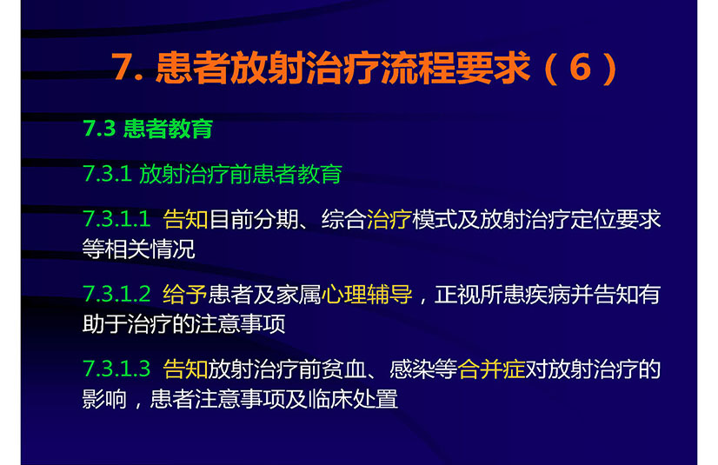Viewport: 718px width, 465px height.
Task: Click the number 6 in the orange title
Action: coord(580,67)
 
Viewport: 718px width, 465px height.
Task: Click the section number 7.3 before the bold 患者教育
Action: coord(99,128)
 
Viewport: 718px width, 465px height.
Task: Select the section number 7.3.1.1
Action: coord(116,219)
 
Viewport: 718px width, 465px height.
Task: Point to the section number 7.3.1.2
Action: coord(116,294)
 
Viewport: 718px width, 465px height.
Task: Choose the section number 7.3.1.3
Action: coord(116,369)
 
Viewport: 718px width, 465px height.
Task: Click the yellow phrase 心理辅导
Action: coord(367,294)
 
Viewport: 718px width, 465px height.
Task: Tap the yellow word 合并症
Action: coord(491,369)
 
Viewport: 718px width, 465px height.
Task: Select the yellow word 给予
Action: coord(185,294)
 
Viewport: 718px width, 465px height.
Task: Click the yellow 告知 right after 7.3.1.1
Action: coord(185,219)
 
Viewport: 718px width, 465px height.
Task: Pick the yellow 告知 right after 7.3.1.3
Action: coord(185,369)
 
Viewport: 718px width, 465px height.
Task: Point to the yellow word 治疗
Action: coord(389,219)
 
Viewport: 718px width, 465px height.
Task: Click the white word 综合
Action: coord(344,219)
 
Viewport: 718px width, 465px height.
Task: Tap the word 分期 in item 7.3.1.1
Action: coord(276,219)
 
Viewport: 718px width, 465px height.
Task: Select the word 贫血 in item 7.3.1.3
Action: coord(344,369)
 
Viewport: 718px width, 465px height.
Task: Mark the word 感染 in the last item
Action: coord(412,369)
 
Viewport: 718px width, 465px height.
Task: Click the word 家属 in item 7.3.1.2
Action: coord(298,294)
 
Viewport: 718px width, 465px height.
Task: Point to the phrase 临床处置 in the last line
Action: coord(353,399)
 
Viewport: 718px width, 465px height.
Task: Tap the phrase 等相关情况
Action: coord(139,249)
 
